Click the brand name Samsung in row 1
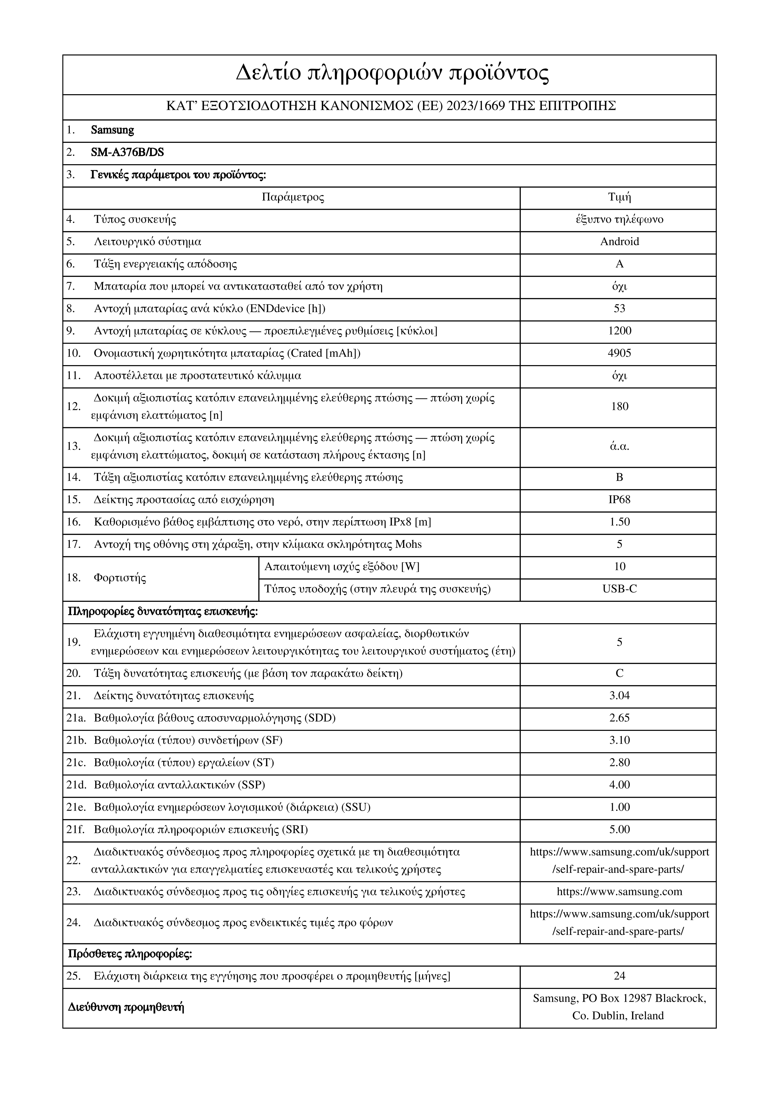tap(112, 130)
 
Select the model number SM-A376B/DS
tap(127, 153)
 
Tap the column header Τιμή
tap(619, 197)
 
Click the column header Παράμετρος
tap(293, 197)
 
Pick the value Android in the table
tap(619, 242)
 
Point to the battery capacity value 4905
tap(619, 354)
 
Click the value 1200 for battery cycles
tap(619, 331)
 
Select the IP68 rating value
tap(619, 500)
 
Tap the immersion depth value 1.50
tap(619, 522)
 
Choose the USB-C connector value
tap(619, 589)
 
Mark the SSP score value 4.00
tap(619, 785)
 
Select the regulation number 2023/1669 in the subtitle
tap(475, 106)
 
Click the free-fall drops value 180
tap(619, 407)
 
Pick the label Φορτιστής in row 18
tap(119, 578)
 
